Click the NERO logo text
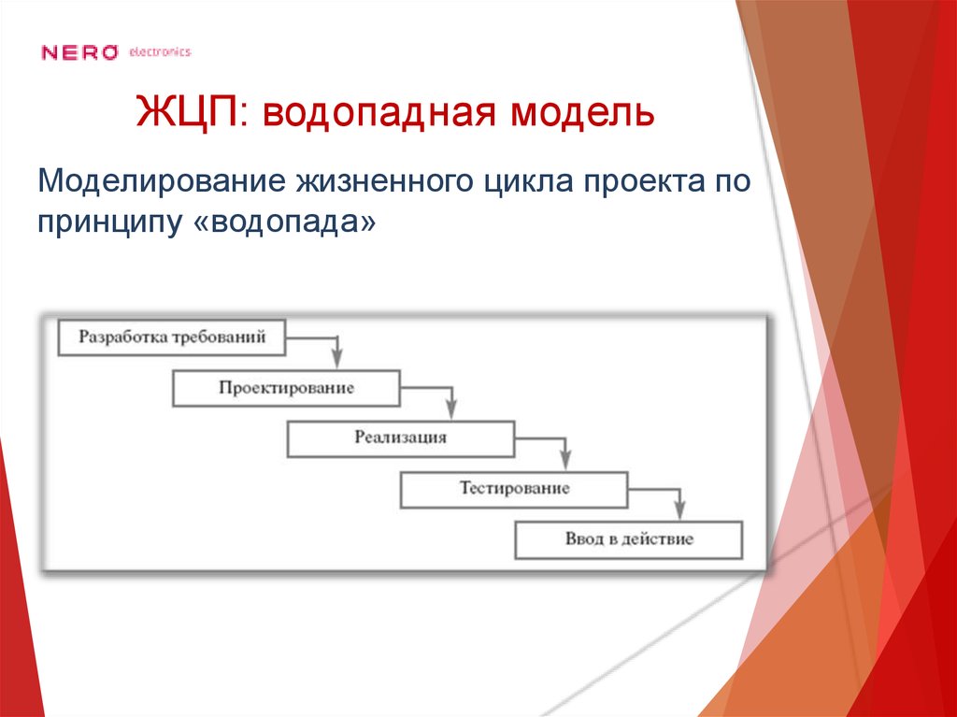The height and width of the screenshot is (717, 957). (79, 52)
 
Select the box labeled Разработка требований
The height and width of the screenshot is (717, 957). (172, 337)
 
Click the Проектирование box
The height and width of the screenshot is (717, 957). (286, 388)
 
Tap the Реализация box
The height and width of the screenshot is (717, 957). (400, 437)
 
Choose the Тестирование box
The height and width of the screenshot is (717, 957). (514, 489)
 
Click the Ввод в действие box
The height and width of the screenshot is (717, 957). (628, 539)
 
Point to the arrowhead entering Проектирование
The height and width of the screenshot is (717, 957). (337, 360)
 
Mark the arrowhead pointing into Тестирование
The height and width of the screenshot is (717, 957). (565, 461)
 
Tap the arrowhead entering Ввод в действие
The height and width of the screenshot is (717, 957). (679, 511)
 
